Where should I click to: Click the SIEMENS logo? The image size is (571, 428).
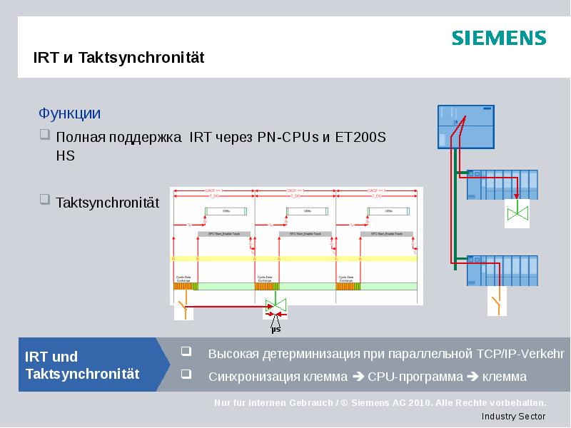pos(498,38)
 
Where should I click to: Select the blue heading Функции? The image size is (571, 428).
pos(69,113)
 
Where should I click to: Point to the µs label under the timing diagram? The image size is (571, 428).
pos(276,329)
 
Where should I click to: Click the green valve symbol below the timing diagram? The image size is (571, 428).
pos(276,306)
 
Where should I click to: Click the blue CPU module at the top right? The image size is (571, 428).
pos(466,126)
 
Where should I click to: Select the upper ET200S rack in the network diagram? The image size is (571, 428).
pos(501,185)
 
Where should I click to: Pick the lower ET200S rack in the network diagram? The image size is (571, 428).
pos(501,271)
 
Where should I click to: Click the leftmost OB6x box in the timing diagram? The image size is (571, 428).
pos(227,211)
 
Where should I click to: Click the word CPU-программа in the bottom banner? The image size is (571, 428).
pos(418,376)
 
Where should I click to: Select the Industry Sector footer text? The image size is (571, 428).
pos(513,416)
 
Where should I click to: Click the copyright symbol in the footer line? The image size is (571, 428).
pos(344,402)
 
